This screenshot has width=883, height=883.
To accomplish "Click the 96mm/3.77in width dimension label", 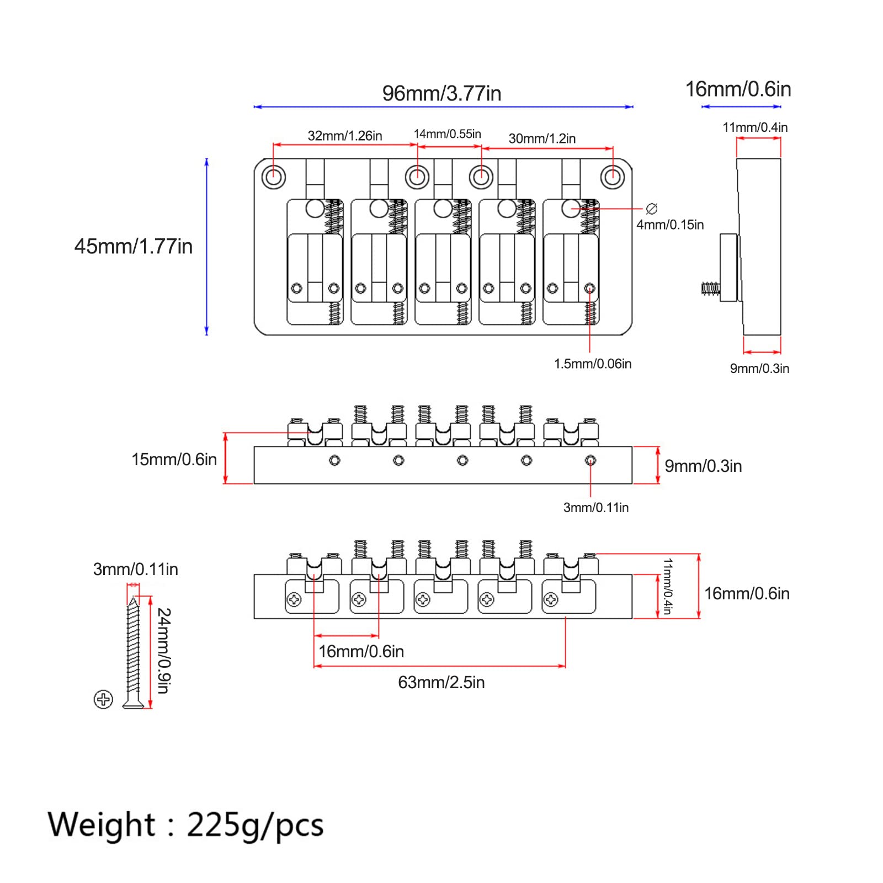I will pos(441,93).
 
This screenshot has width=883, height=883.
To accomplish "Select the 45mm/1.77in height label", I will pos(134,246).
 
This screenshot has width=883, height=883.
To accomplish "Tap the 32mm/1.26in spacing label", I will pos(345,136).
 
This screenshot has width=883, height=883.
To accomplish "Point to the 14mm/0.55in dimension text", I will pos(448,134).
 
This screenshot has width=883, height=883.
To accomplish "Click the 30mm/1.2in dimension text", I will pos(542,139).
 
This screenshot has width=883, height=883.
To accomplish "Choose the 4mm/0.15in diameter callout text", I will pos(670,225).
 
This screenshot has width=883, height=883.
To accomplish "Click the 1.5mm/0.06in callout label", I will pos(593,364).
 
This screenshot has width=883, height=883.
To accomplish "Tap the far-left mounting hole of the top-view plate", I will pos(273,178).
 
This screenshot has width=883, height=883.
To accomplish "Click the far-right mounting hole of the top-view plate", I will pos(612,178).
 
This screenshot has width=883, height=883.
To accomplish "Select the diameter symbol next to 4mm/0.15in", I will pos(652,209).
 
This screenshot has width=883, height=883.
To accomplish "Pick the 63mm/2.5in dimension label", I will pos(441,683).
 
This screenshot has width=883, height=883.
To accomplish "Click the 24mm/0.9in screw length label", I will pos(164,651).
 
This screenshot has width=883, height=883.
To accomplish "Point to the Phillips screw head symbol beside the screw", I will pos(103,699).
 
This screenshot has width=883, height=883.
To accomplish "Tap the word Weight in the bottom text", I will pos(102,825).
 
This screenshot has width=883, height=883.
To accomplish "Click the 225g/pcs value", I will pos(255,826).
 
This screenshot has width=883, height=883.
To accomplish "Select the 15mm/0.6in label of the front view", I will pos(174,459).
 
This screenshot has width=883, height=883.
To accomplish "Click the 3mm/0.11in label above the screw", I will pos(136,569).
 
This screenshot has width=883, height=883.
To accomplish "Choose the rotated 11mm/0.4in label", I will pos(668,586).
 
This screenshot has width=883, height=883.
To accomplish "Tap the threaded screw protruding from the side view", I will pos(710,288).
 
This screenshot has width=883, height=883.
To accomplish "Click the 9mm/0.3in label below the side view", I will pos(759,369).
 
